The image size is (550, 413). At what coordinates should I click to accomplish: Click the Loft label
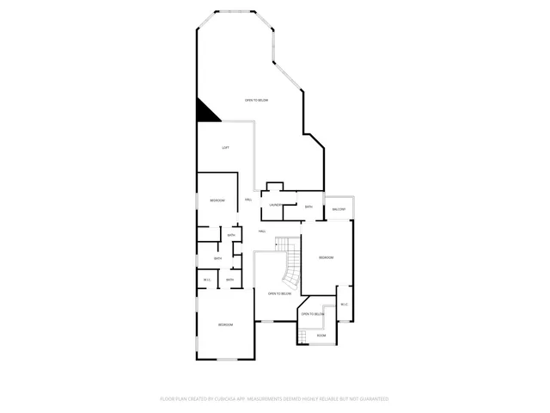(225, 148)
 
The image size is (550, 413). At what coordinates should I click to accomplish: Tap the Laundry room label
(275, 205)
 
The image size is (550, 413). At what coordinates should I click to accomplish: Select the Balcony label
(339, 210)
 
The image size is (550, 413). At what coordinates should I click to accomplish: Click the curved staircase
(293, 262)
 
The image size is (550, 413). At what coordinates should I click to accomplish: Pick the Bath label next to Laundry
(309, 206)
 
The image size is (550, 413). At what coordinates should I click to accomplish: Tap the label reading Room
(321, 335)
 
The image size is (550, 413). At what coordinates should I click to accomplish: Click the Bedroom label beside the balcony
(326, 258)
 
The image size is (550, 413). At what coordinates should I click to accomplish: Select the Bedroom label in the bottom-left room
(225, 324)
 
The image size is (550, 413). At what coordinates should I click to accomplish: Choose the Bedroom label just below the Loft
(217, 200)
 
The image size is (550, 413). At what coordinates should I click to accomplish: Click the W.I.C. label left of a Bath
(207, 280)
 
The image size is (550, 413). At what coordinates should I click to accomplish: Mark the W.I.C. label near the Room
(344, 305)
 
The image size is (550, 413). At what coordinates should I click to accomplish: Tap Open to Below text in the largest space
(256, 101)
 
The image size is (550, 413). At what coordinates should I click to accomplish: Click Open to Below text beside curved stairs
(278, 294)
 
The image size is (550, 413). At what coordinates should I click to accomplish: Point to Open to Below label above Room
(312, 315)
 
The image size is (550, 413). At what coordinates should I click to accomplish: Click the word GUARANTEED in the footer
(370, 399)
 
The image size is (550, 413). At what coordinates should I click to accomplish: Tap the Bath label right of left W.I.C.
(229, 280)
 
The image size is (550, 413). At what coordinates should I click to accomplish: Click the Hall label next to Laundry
(248, 200)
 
